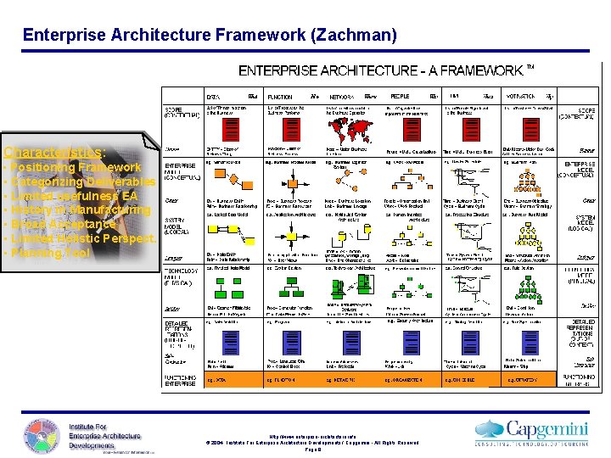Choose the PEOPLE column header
coord(400,97)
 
